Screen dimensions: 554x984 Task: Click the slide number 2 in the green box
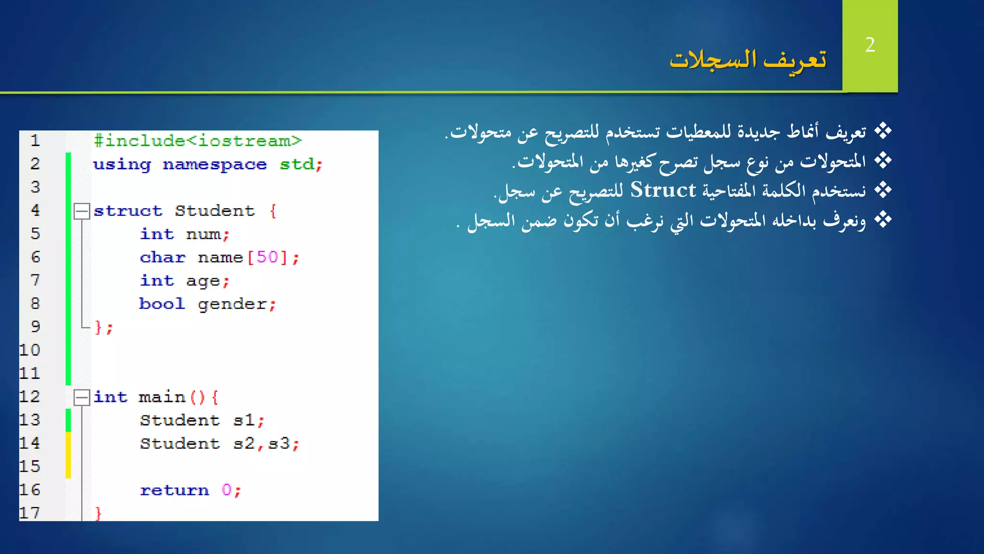click(x=870, y=45)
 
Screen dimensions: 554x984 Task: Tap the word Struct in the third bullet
click(x=663, y=190)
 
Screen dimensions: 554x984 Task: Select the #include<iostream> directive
click(x=197, y=140)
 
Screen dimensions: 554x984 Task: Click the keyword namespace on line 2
click(x=214, y=164)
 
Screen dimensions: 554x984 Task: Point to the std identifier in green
click(x=297, y=164)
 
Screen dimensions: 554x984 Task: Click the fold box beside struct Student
click(x=82, y=211)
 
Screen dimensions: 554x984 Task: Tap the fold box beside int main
click(x=82, y=397)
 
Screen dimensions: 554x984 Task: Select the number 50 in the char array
click(x=267, y=257)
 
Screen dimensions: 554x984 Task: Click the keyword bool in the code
click(x=162, y=304)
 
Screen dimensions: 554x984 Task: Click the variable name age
click(x=203, y=281)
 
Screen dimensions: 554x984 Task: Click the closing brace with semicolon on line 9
click(x=103, y=327)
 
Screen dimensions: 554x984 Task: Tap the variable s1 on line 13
click(x=244, y=420)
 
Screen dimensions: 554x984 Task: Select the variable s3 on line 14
click(x=279, y=443)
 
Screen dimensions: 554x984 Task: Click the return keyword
click(x=174, y=490)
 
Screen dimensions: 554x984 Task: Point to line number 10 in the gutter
click(x=30, y=350)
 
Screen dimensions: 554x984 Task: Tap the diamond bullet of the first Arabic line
click(x=883, y=131)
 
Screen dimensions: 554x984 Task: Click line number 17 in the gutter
click(x=30, y=513)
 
